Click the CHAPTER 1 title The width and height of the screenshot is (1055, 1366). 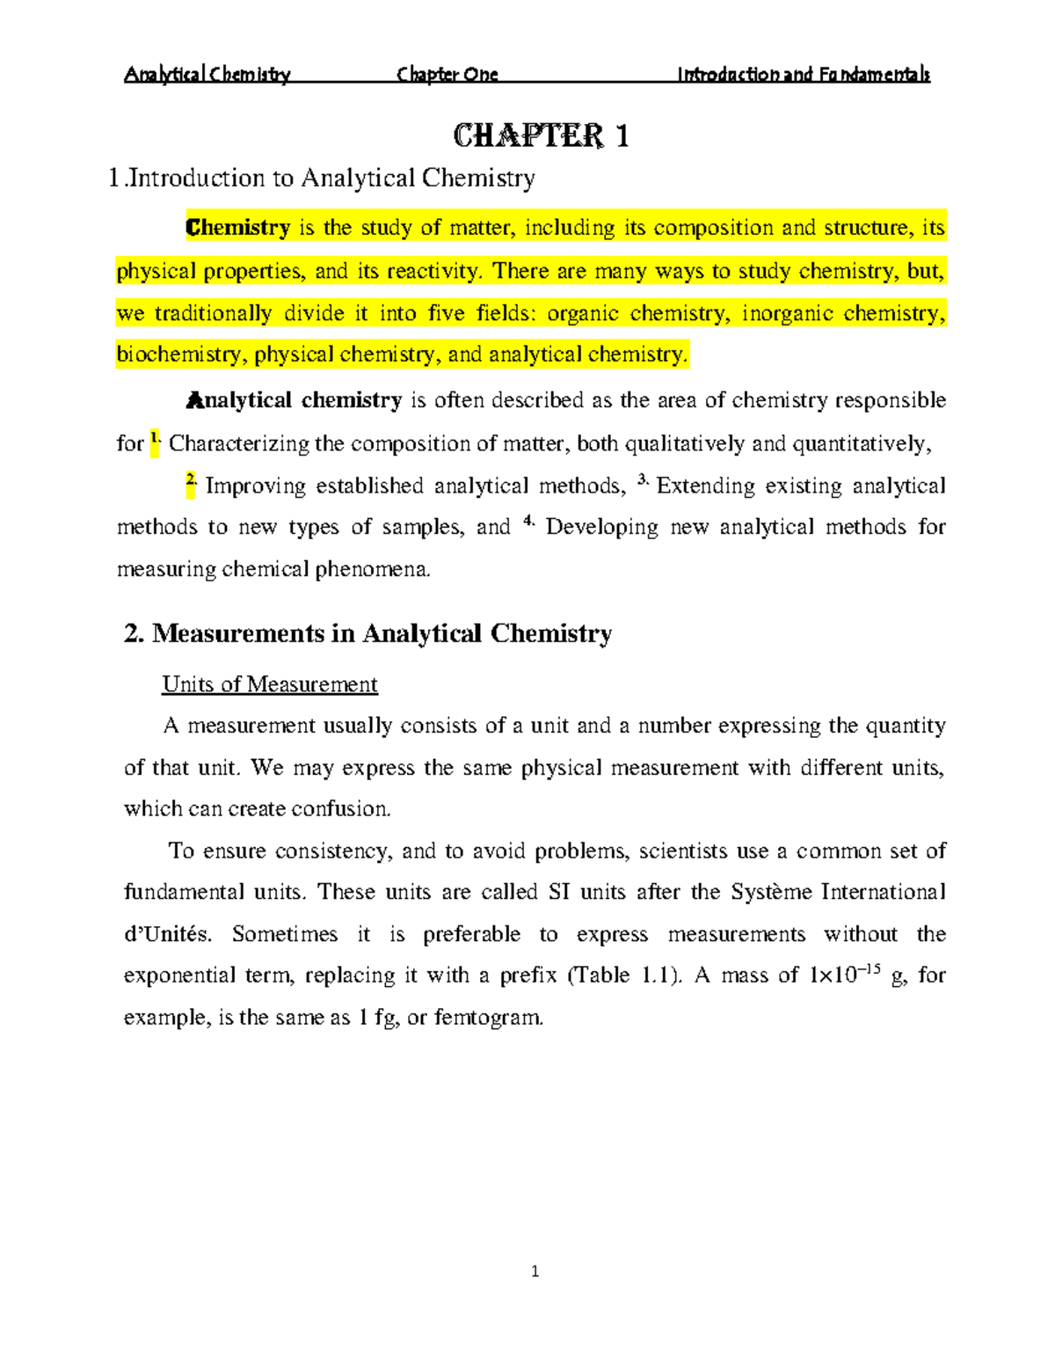pos(541,136)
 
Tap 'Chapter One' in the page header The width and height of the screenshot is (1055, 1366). pos(447,75)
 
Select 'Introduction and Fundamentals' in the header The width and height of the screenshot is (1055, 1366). pos(803,75)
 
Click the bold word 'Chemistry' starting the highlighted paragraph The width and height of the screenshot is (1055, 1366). pos(237,228)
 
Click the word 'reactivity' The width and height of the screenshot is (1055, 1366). pos(434,271)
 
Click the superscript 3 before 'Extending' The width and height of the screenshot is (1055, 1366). pos(643,480)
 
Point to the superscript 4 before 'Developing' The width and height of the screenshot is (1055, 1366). pos(528,521)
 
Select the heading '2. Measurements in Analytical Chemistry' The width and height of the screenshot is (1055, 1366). pos(368,633)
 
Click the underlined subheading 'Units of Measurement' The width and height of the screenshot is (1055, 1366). pos(269,684)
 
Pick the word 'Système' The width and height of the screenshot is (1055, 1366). pos(770,892)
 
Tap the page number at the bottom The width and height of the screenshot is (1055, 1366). pos(535,1271)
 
